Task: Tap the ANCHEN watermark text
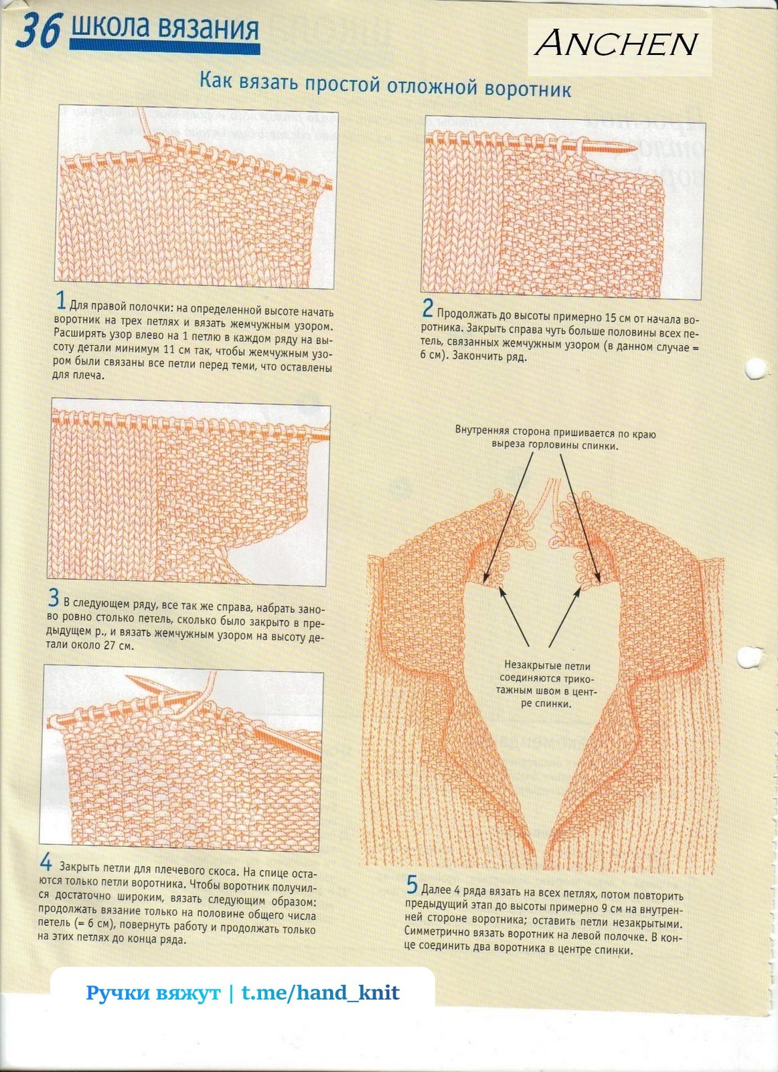[x=617, y=44]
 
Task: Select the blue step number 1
[x=61, y=301]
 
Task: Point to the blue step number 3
[x=54, y=598]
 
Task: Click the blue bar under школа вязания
[x=165, y=47]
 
